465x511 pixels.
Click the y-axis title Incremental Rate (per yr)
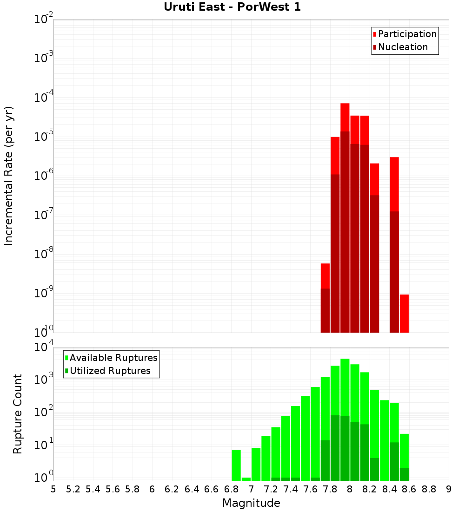pyautogui.click(x=9, y=176)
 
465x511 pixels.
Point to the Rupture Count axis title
pyautogui.click(x=18, y=414)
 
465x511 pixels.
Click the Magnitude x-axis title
pyautogui.click(x=251, y=503)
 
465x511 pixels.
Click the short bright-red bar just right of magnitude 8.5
pyautogui.click(x=404, y=313)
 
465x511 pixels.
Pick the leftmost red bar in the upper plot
pyautogui.click(x=325, y=297)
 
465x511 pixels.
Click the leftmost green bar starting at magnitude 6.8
pyautogui.click(x=236, y=465)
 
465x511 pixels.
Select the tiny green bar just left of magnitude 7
pyautogui.click(x=246, y=479)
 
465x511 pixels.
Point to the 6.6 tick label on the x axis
pyautogui.click(x=212, y=489)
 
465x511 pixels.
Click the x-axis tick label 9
pyautogui.click(x=449, y=489)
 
